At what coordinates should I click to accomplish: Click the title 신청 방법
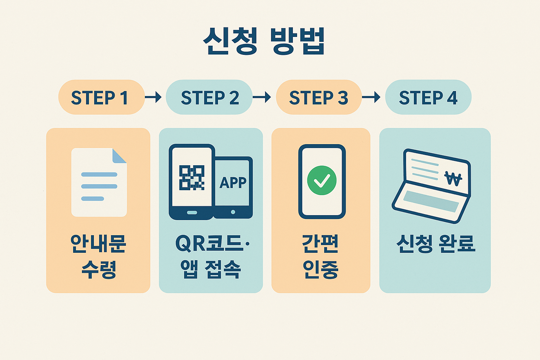264,41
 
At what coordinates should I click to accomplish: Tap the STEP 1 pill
101,97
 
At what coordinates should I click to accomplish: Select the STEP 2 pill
209,97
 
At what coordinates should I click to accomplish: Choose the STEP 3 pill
319,97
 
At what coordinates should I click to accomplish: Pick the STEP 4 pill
428,97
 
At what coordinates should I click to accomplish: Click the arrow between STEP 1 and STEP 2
153,97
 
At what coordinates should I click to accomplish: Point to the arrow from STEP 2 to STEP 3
262,97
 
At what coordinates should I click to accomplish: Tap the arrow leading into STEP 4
371,97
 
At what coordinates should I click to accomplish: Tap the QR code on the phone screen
192,178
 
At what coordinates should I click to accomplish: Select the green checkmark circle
322,180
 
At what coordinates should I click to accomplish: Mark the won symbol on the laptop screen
453,179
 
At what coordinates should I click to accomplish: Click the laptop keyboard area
431,201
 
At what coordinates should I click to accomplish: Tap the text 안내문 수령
98,256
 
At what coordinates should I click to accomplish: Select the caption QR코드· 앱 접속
211,256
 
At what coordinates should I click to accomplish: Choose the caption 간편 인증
321,256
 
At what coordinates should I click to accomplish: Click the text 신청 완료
436,243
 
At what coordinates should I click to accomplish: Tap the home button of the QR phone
192,213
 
